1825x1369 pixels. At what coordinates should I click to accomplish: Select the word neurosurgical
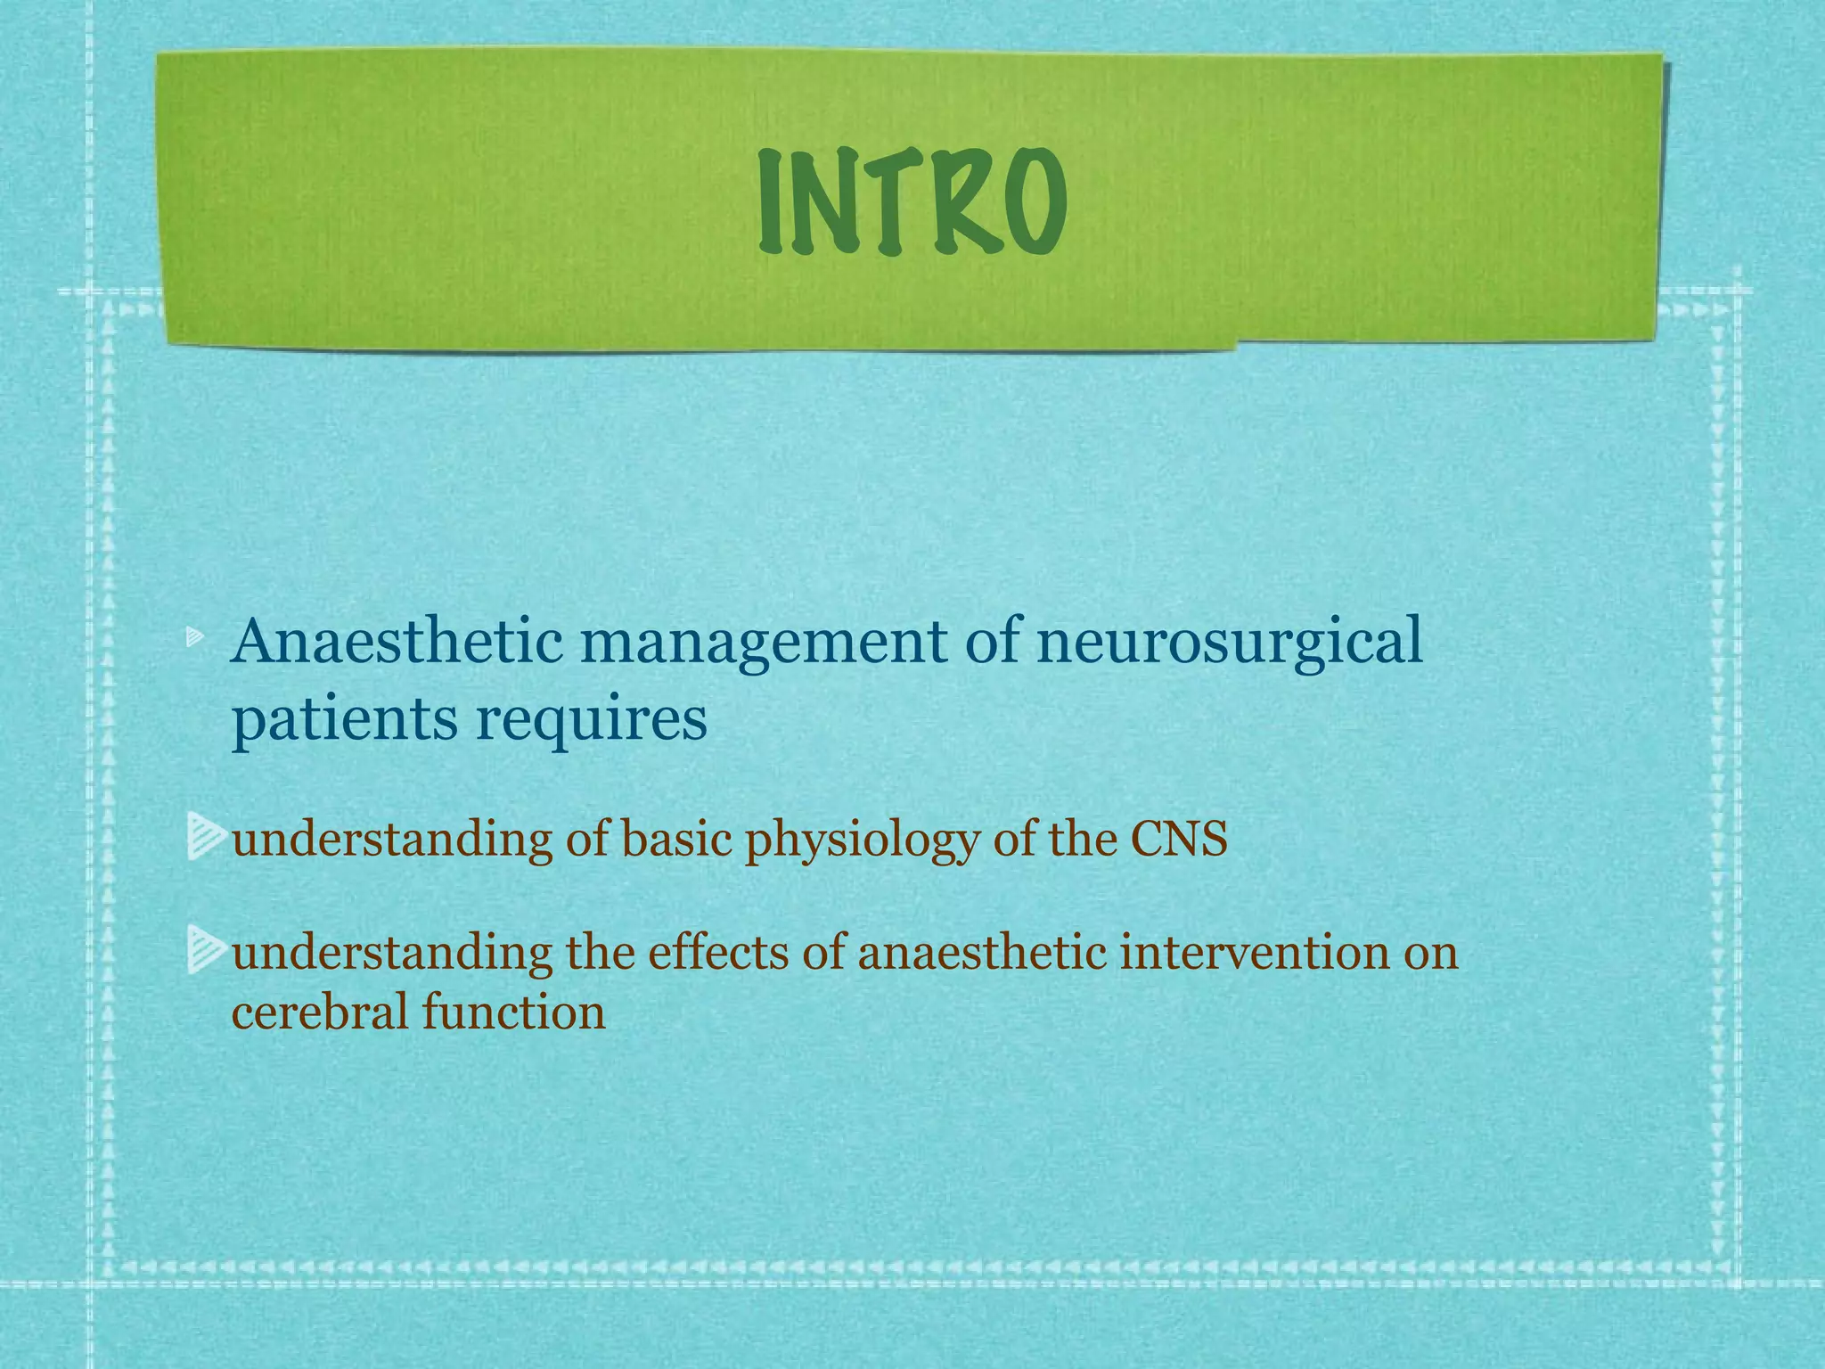tap(1229, 644)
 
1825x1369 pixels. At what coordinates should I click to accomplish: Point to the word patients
tap(344, 720)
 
